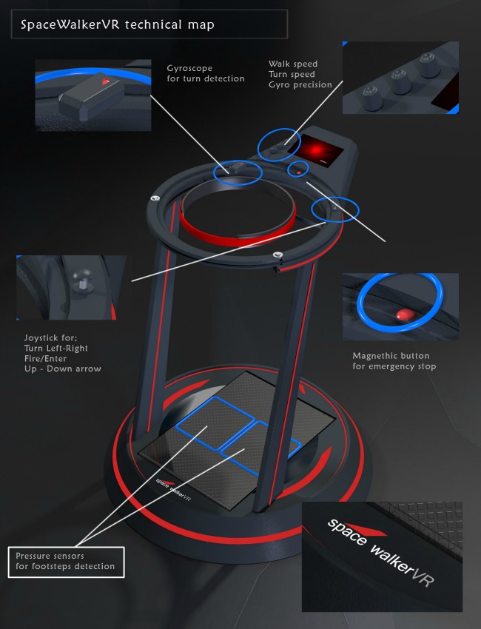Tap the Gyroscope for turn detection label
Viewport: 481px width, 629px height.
click(205, 73)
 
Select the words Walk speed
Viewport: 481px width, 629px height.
click(291, 64)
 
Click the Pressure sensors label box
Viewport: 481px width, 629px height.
click(66, 561)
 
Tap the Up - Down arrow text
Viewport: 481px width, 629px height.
click(63, 369)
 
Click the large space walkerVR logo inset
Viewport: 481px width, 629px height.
click(381, 556)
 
